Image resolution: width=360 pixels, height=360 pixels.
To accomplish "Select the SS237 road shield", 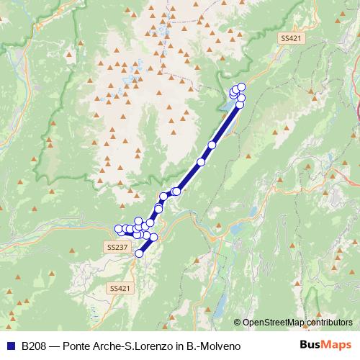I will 117,246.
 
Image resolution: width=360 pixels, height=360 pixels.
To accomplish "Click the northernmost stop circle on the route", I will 241,87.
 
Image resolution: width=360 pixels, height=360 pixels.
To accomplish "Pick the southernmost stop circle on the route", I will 140,253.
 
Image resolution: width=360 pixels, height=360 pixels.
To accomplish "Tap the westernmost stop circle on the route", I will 119,229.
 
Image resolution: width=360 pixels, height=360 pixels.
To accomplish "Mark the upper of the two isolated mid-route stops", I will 212,145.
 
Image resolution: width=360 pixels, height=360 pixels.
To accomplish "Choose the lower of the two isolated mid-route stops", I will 202,162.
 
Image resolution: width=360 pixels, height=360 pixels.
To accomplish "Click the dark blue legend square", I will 10,346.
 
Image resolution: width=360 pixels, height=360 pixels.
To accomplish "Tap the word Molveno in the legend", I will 217,346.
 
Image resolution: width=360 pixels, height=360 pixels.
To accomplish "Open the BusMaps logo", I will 326,346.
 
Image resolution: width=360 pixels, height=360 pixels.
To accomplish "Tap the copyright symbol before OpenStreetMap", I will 238,323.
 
